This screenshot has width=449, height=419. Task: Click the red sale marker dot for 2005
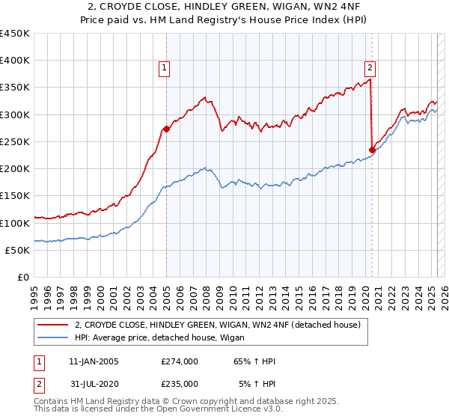(166, 129)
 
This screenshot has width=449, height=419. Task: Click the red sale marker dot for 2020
(372, 150)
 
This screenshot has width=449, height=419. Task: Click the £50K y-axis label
(17, 251)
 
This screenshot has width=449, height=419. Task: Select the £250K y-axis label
(14, 142)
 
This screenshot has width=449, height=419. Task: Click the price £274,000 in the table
(180, 361)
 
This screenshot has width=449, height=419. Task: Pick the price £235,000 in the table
(180, 384)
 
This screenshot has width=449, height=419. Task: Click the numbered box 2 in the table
(37, 384)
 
